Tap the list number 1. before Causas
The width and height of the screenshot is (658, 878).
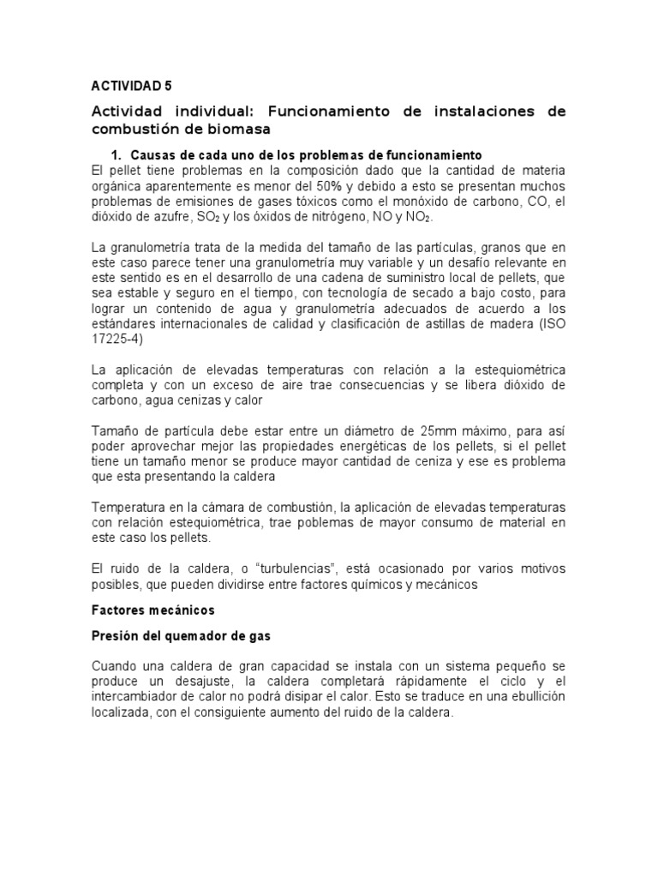coord(119,154)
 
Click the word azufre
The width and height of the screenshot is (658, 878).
coord(153,219)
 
